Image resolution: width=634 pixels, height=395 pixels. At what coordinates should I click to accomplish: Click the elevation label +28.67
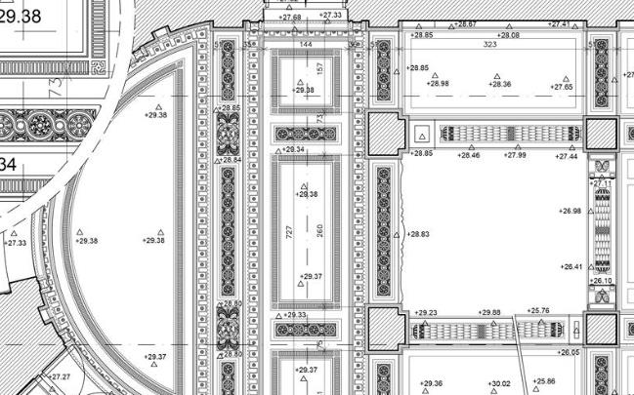coord(466,23)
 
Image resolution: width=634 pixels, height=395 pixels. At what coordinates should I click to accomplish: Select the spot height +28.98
coord(439,84)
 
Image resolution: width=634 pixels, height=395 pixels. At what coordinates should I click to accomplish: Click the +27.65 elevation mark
coord(562,87)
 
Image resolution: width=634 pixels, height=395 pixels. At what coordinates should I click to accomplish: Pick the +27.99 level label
coord(515,155)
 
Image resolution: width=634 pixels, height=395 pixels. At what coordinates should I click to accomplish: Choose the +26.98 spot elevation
coord(571,211)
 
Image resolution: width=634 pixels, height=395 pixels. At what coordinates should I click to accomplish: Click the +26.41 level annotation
coord(571,265)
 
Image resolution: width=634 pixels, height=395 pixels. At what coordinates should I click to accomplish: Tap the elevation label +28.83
coord(418,234)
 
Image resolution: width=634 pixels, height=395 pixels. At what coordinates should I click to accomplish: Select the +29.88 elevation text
coord(489,312)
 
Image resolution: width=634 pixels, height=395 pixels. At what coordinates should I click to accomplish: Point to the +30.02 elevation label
coord(499,383)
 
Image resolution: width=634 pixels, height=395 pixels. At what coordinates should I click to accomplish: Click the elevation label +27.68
coord(290,17)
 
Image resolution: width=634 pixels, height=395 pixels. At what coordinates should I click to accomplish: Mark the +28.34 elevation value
coord(293,149)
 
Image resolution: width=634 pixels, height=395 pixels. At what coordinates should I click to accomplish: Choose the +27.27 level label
coord(61,376)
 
